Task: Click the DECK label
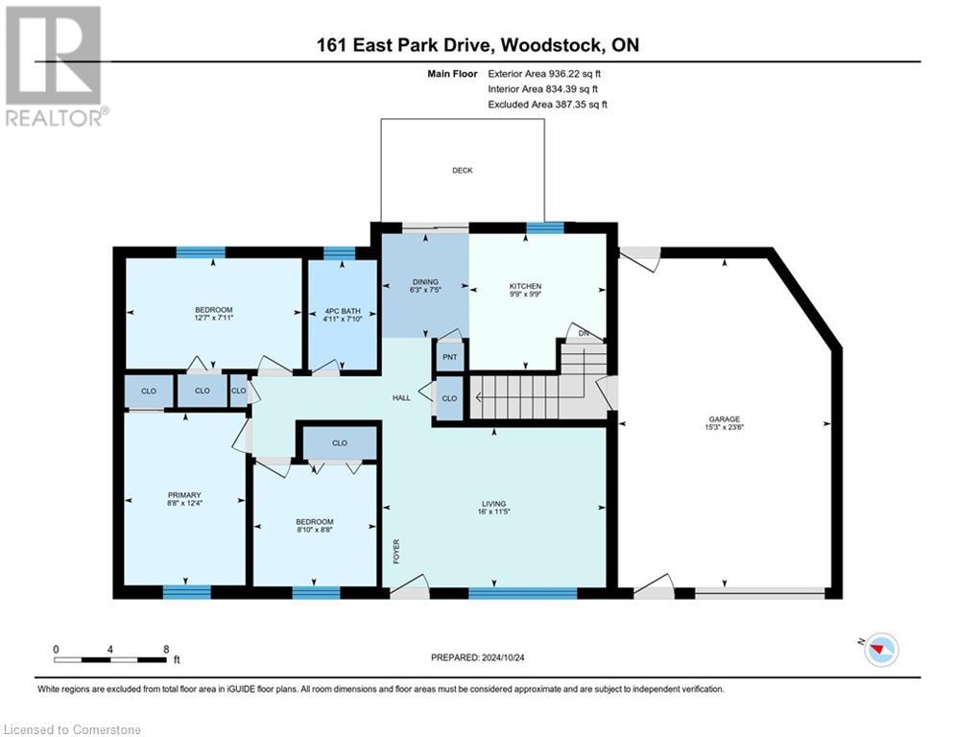[x=463, y=170]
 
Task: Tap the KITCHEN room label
[x=525, y=286]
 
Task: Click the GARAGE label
[x=725, y=418]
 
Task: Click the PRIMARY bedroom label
[x=183, y=495]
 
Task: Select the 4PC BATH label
[x=341, y=309]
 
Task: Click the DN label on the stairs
[x=584, y=333]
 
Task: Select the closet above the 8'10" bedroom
[x=339, y=443]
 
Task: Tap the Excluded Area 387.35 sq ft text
[x=548, y=104]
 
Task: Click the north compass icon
[x=879, y=651]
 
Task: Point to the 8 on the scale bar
[x=166, y=649]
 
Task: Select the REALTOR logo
[x=54, y=65]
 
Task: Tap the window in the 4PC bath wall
[x=339, y=254]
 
